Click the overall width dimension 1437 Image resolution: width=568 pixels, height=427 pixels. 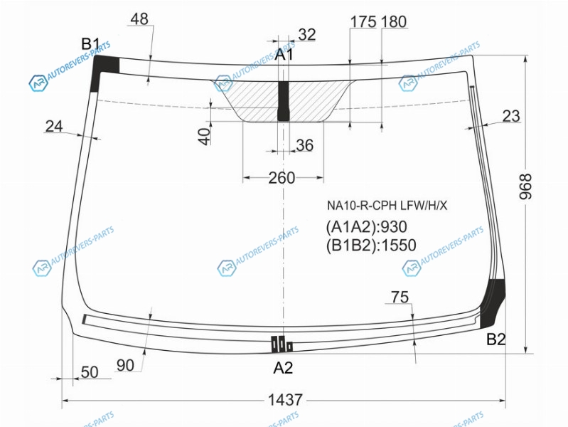pyautogui.click(x=285, y=400)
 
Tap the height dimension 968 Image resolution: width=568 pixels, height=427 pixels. pyautogui.click(x=525, y=186)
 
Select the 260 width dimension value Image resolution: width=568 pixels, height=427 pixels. pyautogui.click(x=282, y=178)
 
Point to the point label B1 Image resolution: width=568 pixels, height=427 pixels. pyautogui.click(x=90, y=44)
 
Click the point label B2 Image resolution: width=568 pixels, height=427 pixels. pyautogui.click(x=496, y=339)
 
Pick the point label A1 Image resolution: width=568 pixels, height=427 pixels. pyautogui.click(x=284, y=55)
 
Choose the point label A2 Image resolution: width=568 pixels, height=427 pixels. pyautogui.click(x=283, y=368)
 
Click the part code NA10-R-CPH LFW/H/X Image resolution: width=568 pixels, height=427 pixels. pyautogui.click(x=387, y=206)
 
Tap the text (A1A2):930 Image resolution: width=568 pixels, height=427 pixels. pyautogui.click(x=367, y=227)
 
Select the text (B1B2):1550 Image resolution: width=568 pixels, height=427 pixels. pyautogui.click(x=371, y=246)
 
